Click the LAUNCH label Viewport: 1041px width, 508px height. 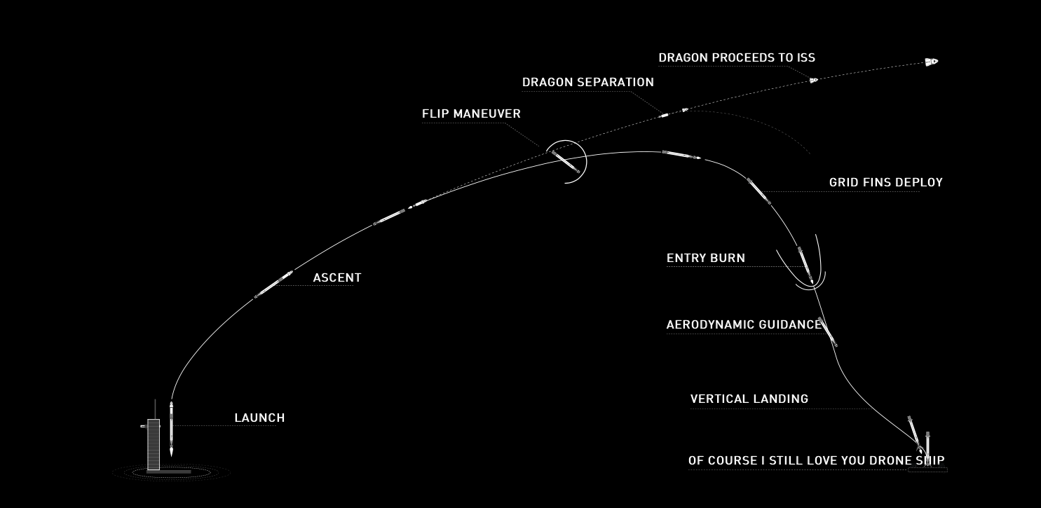(259, 418)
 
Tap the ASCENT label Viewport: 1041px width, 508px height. (337, 277)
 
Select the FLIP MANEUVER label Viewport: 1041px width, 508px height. (471, 114)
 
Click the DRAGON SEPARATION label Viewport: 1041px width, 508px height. (588, 82)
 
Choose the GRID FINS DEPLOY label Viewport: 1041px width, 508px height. (886, 182)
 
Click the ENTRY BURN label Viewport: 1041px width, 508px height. (705, 258)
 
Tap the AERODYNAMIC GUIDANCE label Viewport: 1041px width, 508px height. (744, 324)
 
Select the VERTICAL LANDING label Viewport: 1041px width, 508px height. (749, 399)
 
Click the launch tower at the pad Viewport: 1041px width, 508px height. (154, 444)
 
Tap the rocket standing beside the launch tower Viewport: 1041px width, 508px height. (171, 429)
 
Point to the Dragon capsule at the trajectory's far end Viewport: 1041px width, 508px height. (932, 62)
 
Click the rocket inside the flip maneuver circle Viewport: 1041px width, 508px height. (566, 162)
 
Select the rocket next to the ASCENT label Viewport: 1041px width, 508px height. (273, 284)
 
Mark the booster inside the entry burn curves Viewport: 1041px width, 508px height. (805, 265)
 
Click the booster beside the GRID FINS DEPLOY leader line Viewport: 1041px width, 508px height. (758, 191)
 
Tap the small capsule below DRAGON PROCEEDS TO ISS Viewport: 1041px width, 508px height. (814, 81)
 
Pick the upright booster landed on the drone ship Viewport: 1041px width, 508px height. (927, 448)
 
